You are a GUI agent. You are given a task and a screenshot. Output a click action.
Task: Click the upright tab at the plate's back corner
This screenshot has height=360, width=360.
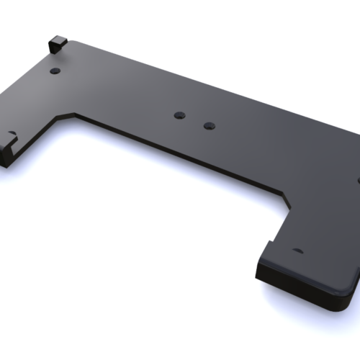[x=56, y=42]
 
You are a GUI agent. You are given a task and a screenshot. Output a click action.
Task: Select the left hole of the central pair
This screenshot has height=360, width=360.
[x=180, y=114]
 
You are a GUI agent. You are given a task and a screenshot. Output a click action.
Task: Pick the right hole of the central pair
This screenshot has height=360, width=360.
[x=209, y=125]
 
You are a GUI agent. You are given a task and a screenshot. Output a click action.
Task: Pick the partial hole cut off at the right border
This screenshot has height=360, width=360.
[x=358, y=179]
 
